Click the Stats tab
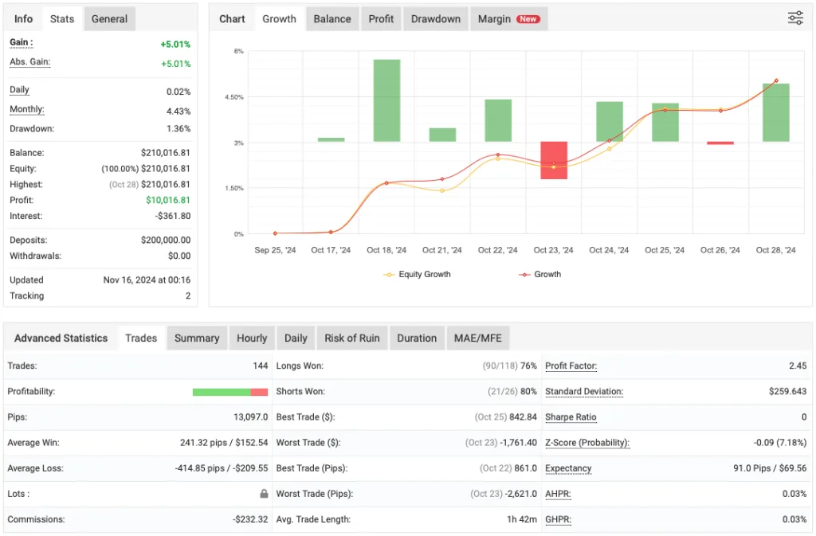click(x=61, y=19)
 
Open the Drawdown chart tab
click(x=436, y=19)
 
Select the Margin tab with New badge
click(x=508, y=19)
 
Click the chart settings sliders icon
click(x=795, y=18)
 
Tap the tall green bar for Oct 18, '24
click(x=386, y=100)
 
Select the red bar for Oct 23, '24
click(x=554, y=160)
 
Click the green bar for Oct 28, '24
click(x=775, y=112)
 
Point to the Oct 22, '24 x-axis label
click(x=498, y=250)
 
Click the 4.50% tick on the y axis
click(x=233, y=97)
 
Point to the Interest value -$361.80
click(x=170, y=217)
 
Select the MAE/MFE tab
click(x=477, y=338)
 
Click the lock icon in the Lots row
click(x=264, y=494)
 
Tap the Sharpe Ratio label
click(x=571, y=417)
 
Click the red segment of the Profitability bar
click(x=259, y=392)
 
